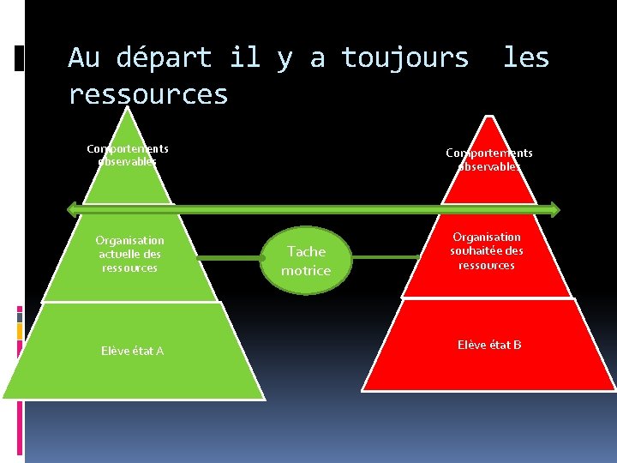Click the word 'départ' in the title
(x=164, y=58)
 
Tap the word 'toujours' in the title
(x=405, y=58)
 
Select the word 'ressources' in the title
(x=148, y=94)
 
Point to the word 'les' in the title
(x=525, y=58)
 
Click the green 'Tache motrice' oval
(x=306, y=261)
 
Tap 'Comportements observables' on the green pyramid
(x=128, y=155)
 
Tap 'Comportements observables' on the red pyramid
(x=489, y=159)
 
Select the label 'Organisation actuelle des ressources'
(x=129, y=254)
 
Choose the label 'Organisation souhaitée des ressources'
(x=487, y=251)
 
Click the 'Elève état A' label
(x=132, y=351)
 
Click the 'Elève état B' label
(x=489, y=345)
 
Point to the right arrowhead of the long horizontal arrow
(x=554, y=208)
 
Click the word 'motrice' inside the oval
(x=306, y=271)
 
